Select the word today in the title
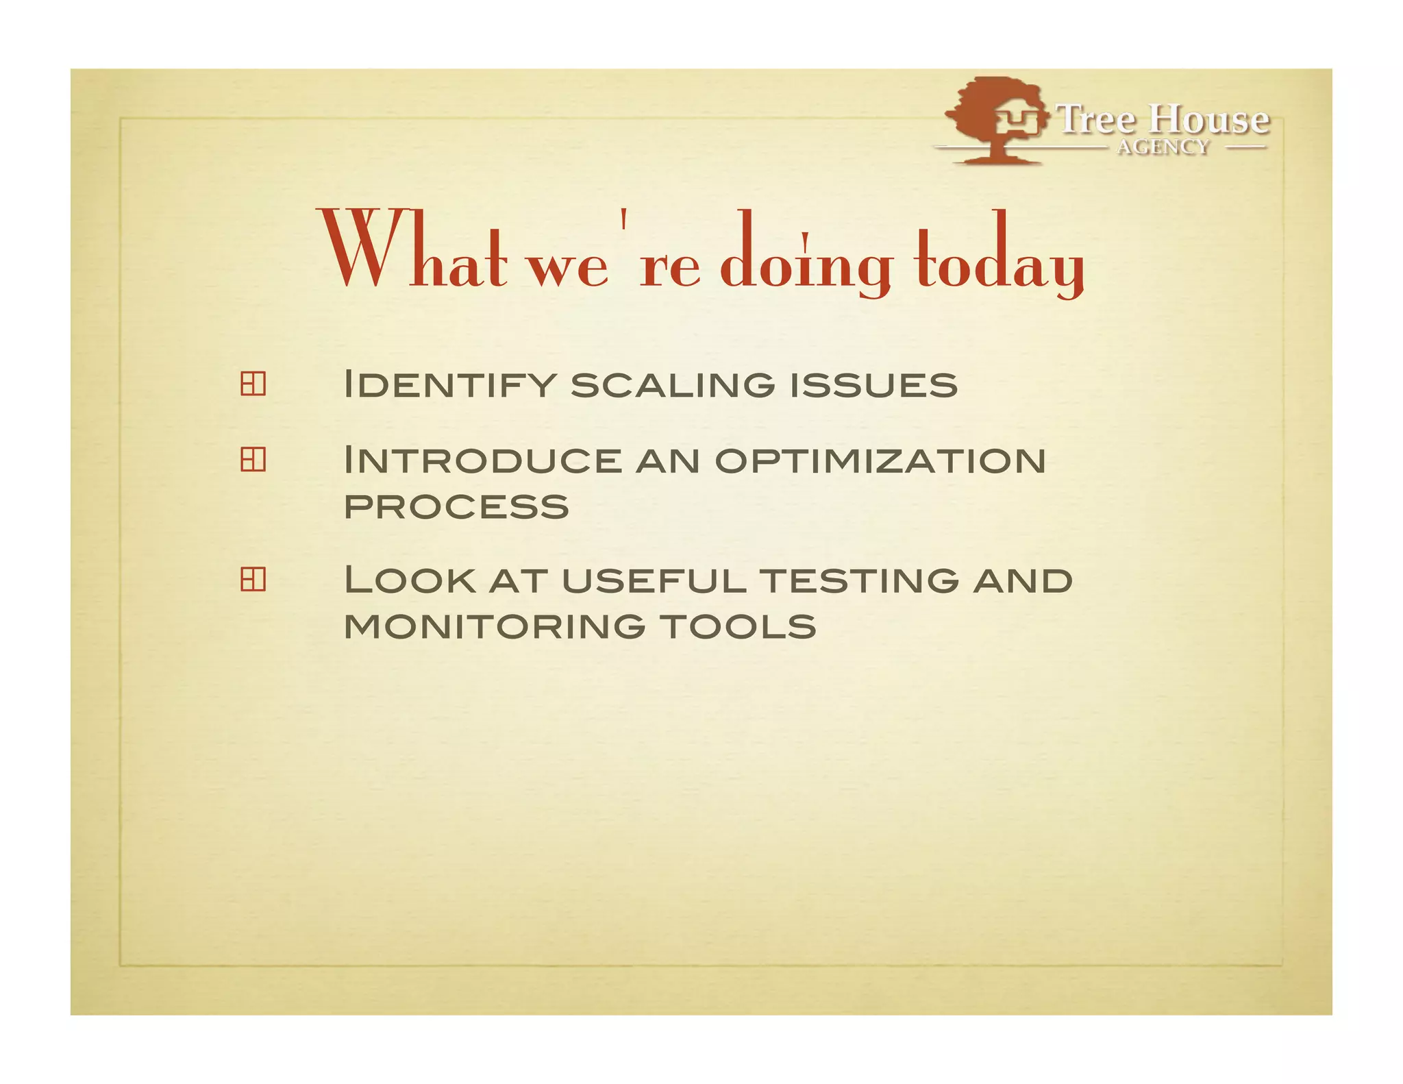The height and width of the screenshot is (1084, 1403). pos(1000,257)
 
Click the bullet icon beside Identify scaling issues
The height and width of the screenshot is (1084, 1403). pos(253,384)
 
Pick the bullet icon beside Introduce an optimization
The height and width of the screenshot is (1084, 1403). pos(253,459)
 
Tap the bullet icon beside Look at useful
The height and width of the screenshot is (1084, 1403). pos(253,580)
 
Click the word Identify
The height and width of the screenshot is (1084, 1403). pos(449,384)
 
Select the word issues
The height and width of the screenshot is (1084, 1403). pos(873,384)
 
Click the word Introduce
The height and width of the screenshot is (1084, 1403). pos(483,460)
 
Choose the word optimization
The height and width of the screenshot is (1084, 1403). pos(880,460)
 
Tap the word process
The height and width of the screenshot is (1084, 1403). pos(456,507)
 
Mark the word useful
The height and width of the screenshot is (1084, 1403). pos(654,580)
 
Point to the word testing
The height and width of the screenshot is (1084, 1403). pos(860,580)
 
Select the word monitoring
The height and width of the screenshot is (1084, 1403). pos(494,626)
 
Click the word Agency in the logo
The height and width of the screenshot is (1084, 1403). pos(1163,147)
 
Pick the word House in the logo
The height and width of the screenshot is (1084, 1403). pos(1209,119)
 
